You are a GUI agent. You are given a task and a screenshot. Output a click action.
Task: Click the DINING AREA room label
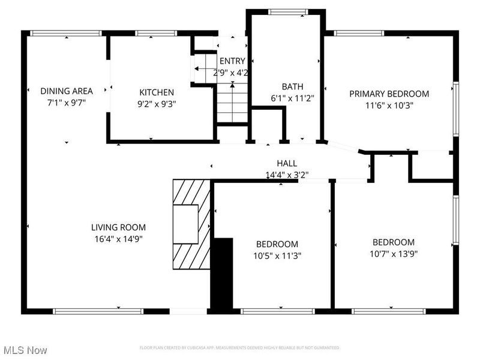[67, 91]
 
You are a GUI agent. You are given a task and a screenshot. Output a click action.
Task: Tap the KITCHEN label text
[157, 92]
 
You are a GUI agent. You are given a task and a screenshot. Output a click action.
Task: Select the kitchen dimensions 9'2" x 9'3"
[157, 103]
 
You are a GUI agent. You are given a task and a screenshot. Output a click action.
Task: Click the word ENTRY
[232, 61]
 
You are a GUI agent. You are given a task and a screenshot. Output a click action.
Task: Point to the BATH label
[293, 86]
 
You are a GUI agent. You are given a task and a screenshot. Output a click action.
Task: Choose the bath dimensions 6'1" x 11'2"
[293, 98]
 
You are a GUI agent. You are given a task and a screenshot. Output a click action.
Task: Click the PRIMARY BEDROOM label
[389, 94]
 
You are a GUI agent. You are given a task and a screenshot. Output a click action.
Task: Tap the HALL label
[287, 163]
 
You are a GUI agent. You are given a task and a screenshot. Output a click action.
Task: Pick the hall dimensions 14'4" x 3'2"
[287, 175]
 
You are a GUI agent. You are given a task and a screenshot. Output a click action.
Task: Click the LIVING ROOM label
[118, 227]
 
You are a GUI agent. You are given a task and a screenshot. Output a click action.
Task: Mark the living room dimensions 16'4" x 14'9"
[118, 238]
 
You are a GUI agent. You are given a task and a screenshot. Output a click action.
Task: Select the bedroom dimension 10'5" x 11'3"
[277, 255]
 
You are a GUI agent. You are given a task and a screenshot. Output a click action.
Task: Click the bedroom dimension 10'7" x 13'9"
[394, 253]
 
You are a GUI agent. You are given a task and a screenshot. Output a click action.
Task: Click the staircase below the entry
[232, 102]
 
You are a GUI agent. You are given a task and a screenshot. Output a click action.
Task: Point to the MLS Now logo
[25, 349]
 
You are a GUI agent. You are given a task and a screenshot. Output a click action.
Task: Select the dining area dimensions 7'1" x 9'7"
[67, 103]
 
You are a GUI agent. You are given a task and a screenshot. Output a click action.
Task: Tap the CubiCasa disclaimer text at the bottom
[239, 348]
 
